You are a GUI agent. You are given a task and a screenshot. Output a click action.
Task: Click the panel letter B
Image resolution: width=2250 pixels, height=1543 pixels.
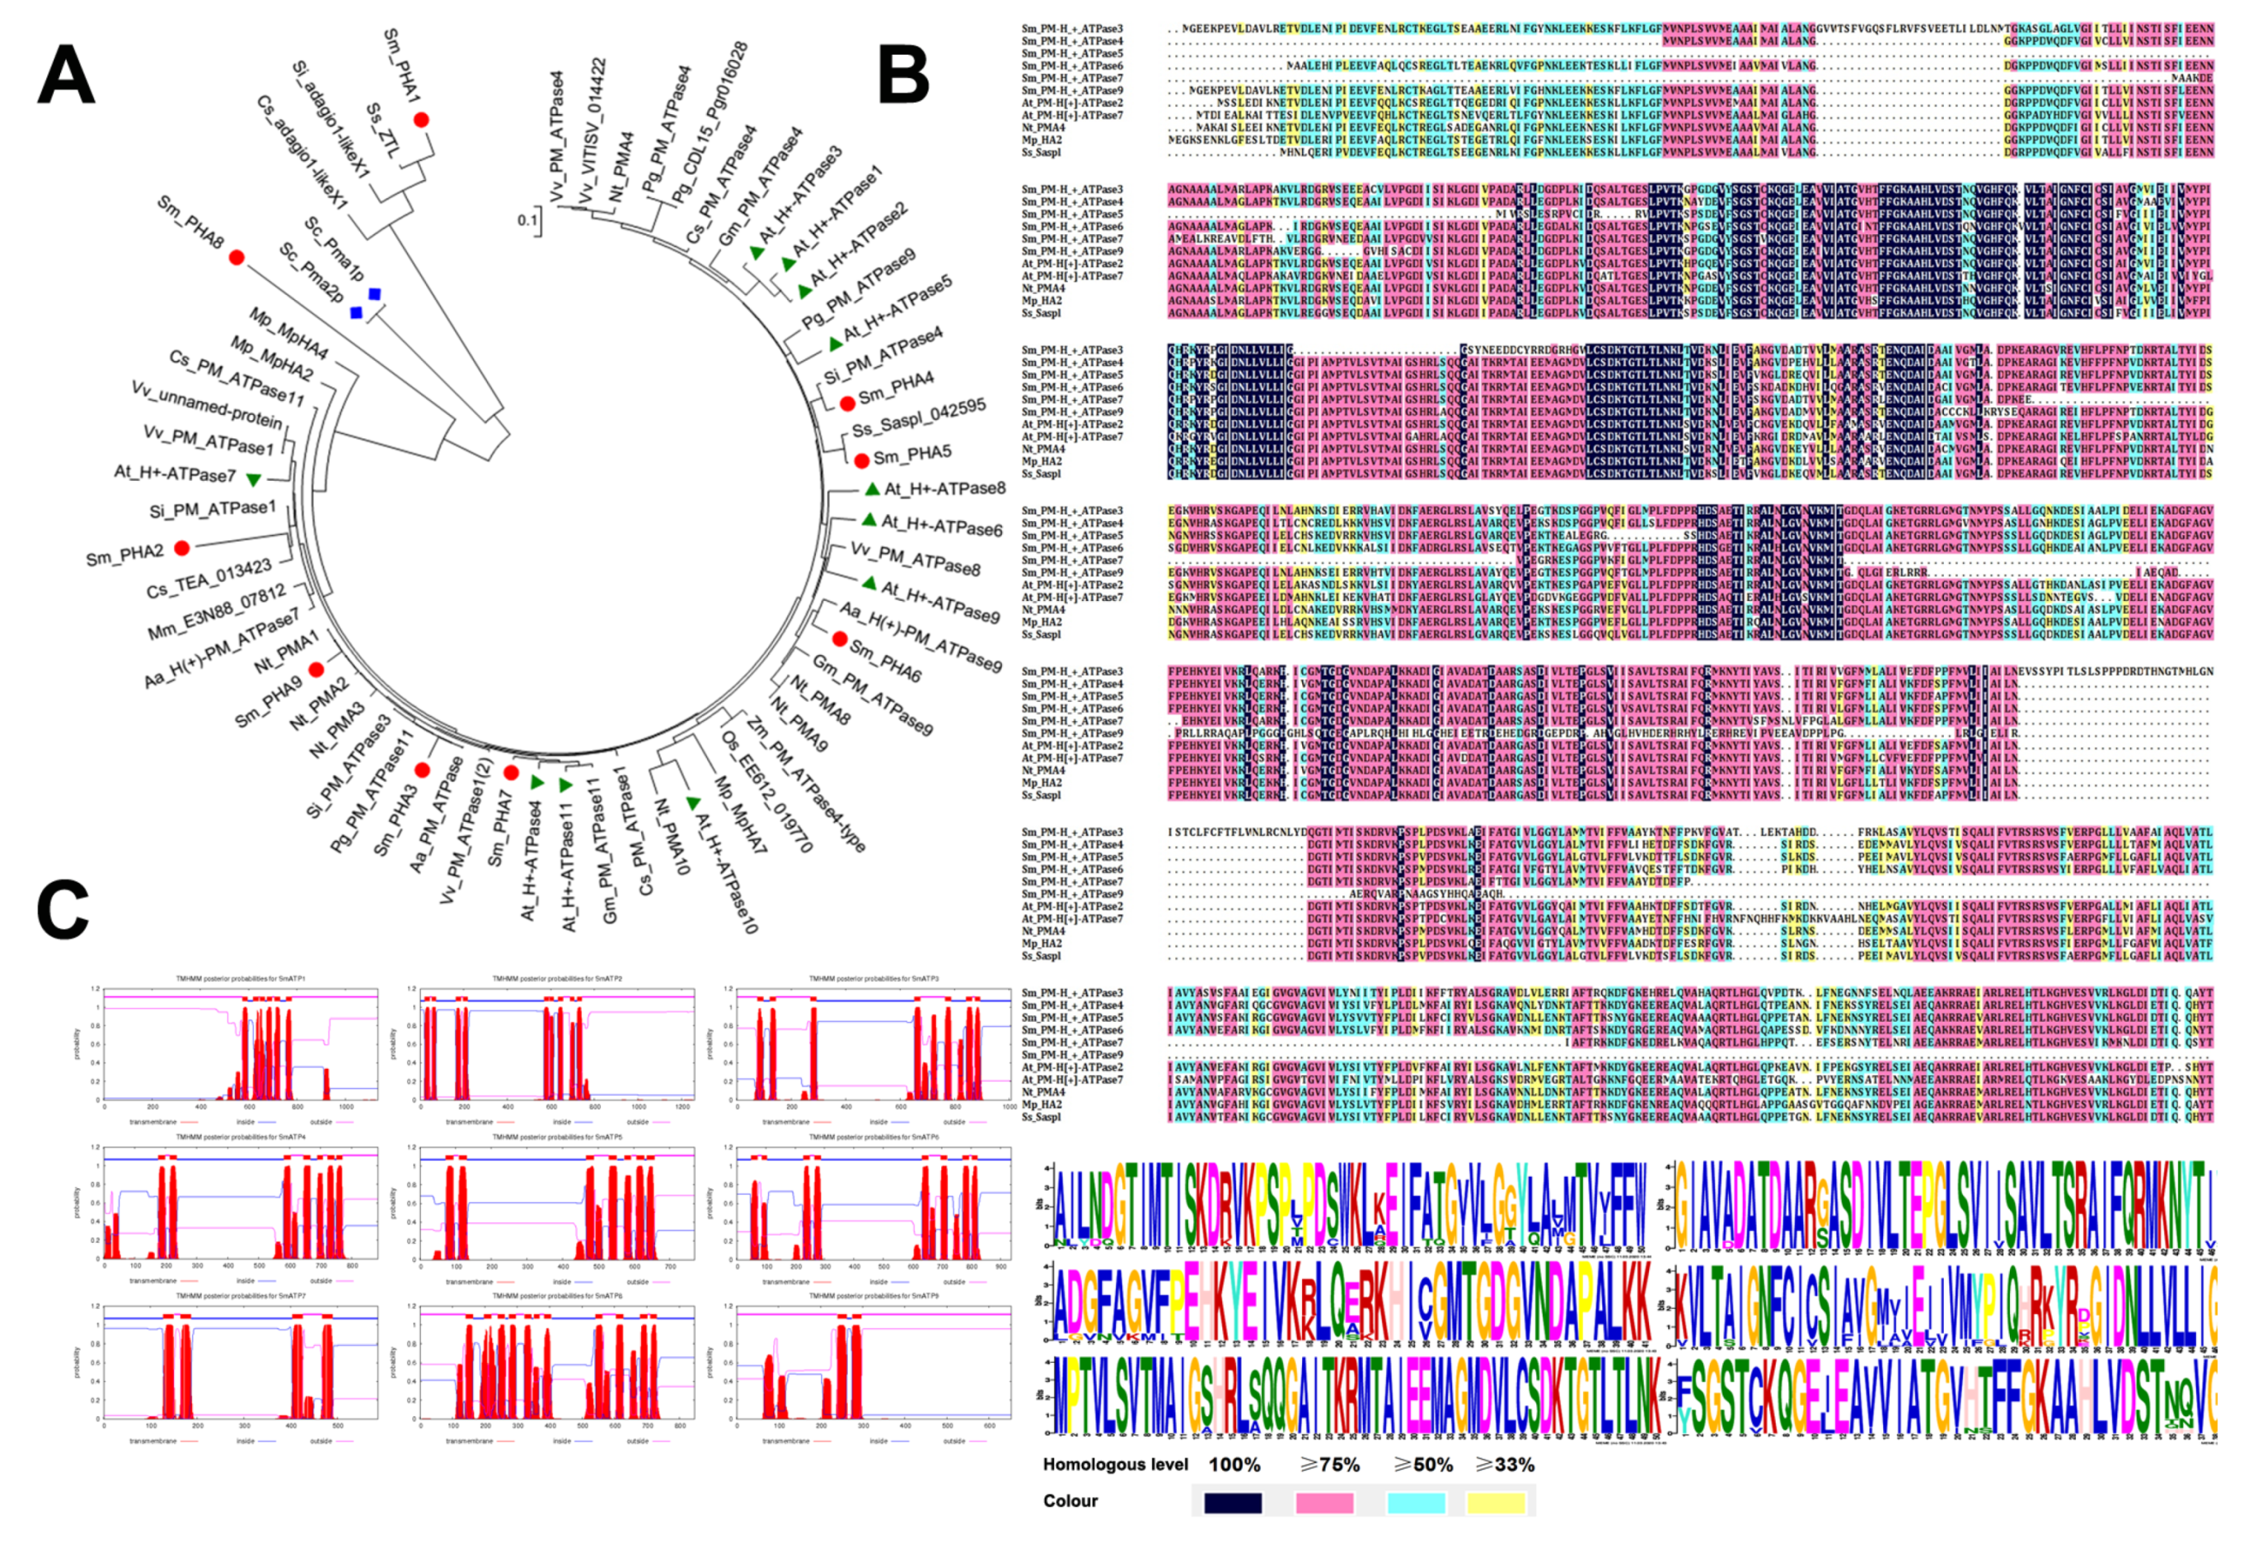(903, 75)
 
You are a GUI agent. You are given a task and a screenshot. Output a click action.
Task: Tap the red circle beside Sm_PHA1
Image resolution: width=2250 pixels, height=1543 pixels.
(421, 120)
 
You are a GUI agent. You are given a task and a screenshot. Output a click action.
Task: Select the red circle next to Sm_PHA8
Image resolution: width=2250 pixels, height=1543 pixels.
(236, 257)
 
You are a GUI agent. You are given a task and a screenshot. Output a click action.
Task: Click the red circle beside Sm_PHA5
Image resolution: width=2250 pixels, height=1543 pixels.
(860, 459)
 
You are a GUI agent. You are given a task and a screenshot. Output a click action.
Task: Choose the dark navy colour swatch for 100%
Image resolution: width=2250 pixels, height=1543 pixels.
(1232, 1502)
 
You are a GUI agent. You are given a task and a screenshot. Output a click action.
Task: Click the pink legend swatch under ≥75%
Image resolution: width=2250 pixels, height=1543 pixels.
(1324, 1502)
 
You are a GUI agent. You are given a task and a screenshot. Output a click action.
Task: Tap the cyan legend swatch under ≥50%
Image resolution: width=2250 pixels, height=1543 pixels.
(1416, 1502)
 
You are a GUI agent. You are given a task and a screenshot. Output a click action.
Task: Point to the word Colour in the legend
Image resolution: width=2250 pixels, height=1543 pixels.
(1070, 1501)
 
